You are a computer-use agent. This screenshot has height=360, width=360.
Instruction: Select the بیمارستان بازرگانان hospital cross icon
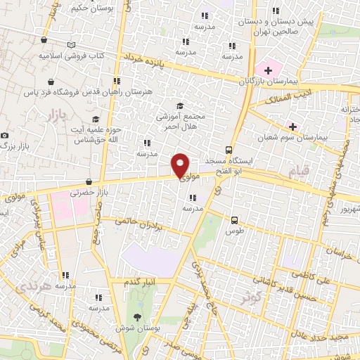(269, 71)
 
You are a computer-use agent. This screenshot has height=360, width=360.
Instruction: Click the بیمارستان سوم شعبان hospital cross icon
(292, 127)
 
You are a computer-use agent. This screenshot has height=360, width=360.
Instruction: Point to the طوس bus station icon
(234, 219)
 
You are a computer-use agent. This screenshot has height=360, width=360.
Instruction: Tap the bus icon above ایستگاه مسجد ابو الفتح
(229, 150)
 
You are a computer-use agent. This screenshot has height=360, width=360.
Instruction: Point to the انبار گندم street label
(141, 282)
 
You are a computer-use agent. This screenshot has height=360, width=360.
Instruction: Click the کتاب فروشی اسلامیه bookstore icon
(71, 45)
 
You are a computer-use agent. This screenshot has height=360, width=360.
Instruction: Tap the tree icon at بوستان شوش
(137, 317)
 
